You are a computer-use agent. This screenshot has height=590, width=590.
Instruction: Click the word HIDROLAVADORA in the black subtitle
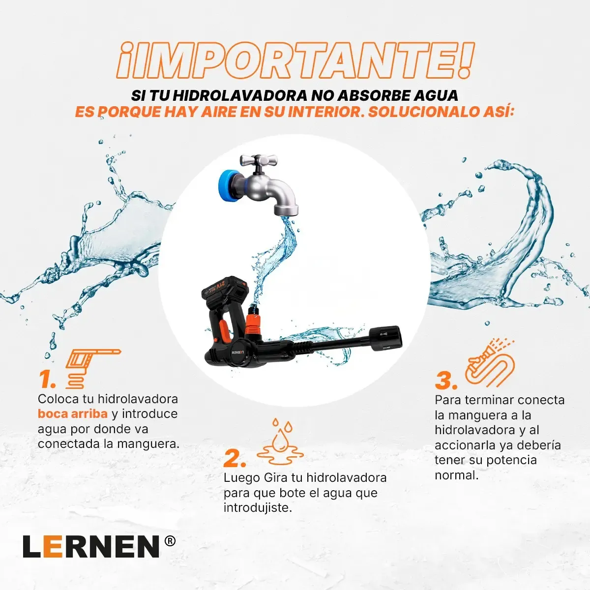pos(240,95)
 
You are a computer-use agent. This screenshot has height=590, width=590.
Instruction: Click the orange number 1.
pos(47,379)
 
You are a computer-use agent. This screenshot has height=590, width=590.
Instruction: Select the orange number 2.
pos(235,458)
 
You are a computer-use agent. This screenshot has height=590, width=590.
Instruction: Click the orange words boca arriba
pos(73,413)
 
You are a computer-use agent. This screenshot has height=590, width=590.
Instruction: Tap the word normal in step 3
pos(456,475)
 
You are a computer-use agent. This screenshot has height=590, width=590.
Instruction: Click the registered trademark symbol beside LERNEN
pos(170,542)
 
